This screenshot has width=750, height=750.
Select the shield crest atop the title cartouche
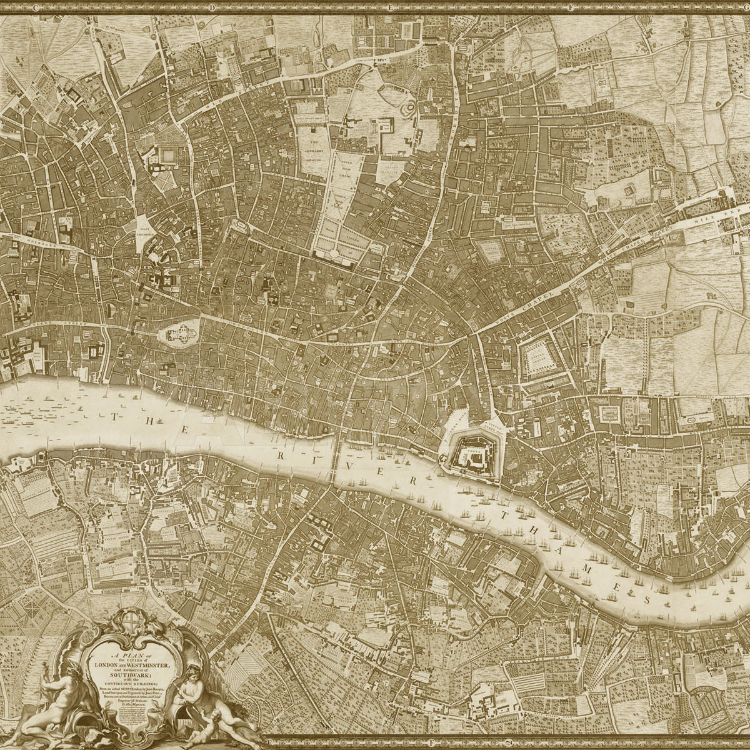tap(130, 621)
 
